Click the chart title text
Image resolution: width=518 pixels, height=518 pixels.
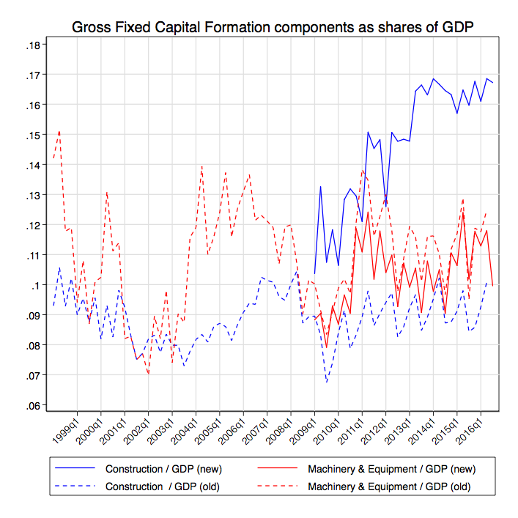273,27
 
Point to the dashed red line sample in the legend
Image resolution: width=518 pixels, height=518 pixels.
275,486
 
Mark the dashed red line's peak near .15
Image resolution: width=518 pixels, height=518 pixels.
59,132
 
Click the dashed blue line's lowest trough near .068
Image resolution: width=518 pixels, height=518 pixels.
327,382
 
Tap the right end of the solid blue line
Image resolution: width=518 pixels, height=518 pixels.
493,83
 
